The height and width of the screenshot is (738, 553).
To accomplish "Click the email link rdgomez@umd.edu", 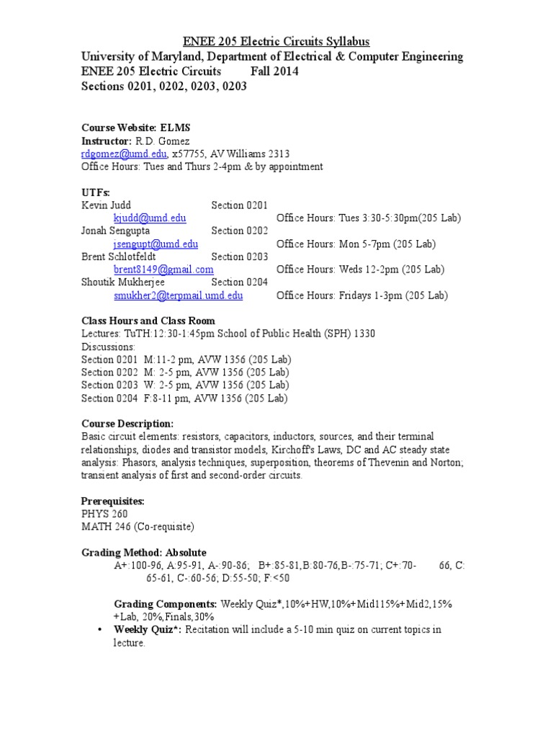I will coord(125,154).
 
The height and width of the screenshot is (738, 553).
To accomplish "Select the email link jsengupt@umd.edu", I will coord(156,244).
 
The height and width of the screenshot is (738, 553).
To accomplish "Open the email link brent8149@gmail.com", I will coord(163,270).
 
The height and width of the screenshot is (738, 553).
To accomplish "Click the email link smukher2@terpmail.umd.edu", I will coord(178,295).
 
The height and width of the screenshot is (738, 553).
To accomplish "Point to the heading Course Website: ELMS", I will coord(135,128).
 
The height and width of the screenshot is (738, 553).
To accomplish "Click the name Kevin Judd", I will coord(106,205).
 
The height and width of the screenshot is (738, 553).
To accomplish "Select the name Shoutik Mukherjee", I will coord(123,283).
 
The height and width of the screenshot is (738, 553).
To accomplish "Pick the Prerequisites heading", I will coord(113,501).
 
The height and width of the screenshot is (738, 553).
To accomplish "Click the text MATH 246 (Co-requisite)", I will coord(138,527).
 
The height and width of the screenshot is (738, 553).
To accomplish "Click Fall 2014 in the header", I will coord(274,71).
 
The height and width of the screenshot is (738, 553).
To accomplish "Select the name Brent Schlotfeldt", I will coord(125,257).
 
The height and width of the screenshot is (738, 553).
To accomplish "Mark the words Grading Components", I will coord(166,604).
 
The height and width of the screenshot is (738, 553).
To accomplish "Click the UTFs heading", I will coord(96,192).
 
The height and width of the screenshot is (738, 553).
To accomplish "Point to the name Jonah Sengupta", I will coord(117,231).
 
